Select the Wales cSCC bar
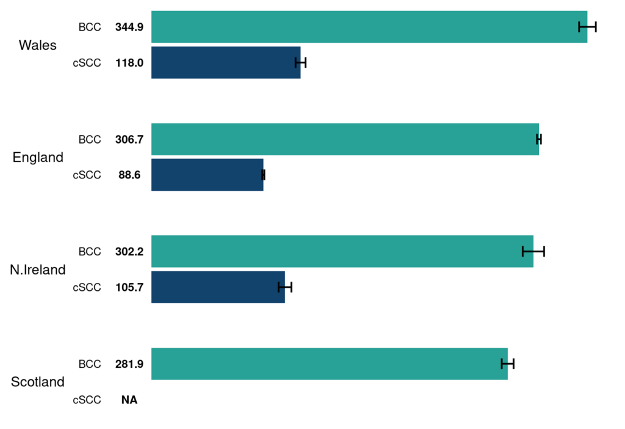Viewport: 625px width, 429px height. click(x=225, y=62)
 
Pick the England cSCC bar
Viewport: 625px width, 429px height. click(x=207, y=175)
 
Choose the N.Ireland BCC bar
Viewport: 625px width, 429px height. click(x=342, y=251)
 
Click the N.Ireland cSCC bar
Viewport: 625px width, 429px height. click(x=218, y=287)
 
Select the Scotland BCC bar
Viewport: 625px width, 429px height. click(x=329, y=364)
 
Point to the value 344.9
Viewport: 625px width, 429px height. click(x=129, y=27)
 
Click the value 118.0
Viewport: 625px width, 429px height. click(x=129, y=62)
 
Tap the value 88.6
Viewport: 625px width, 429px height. click(x=129, y=175)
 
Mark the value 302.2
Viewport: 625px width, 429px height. click(x=129, y=251)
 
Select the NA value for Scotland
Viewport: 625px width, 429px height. click(x=129, y=400)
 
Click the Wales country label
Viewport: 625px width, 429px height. click(x=38, y=45)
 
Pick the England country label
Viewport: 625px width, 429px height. click(x=38, y=158)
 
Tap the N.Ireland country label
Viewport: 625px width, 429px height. click(x=38, y=269)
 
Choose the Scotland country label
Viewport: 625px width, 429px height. click(x=38, y=382)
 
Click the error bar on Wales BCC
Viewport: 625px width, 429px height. click(x=587, y=26)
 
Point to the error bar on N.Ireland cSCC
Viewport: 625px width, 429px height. click(x=285, y=287)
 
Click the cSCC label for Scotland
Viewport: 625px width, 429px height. click(x=87, y=400)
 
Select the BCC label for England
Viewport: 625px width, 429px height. click(x=89, y=139)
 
